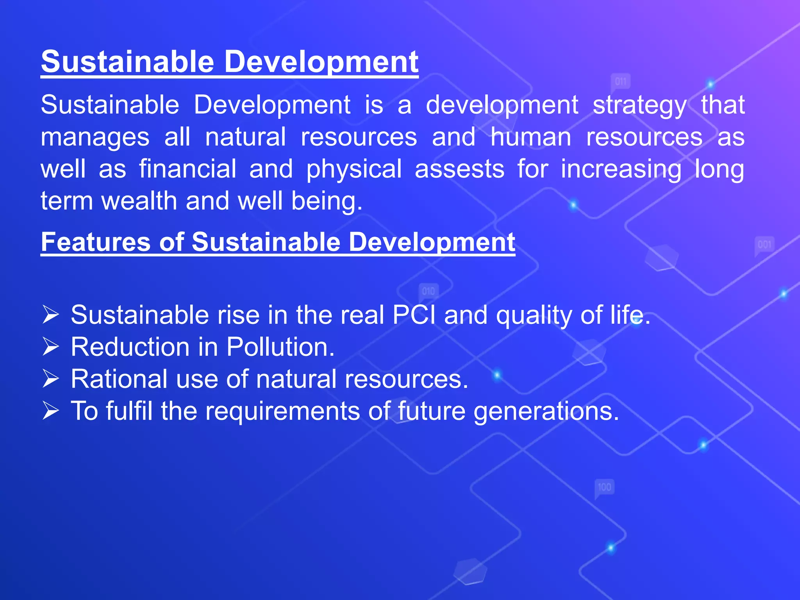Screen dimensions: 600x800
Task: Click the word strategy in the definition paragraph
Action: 639,106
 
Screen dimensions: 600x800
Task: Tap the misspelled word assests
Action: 459,169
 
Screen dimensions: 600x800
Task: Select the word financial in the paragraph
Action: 187,169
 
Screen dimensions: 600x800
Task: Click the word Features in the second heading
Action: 96,242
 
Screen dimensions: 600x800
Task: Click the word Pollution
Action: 280,347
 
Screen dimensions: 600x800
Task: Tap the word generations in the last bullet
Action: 546,411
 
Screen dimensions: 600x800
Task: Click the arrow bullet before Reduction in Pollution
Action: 51,347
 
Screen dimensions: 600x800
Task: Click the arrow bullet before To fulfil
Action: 51,411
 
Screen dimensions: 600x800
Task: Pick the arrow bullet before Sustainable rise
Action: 51,315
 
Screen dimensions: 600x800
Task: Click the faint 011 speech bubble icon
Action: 620,82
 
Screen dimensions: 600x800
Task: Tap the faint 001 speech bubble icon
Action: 764,245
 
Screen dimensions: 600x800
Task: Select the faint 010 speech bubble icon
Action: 429,291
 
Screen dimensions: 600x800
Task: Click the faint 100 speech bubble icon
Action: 604,487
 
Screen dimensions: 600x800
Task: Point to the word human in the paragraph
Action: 530,137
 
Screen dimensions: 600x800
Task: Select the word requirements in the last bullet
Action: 282,411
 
